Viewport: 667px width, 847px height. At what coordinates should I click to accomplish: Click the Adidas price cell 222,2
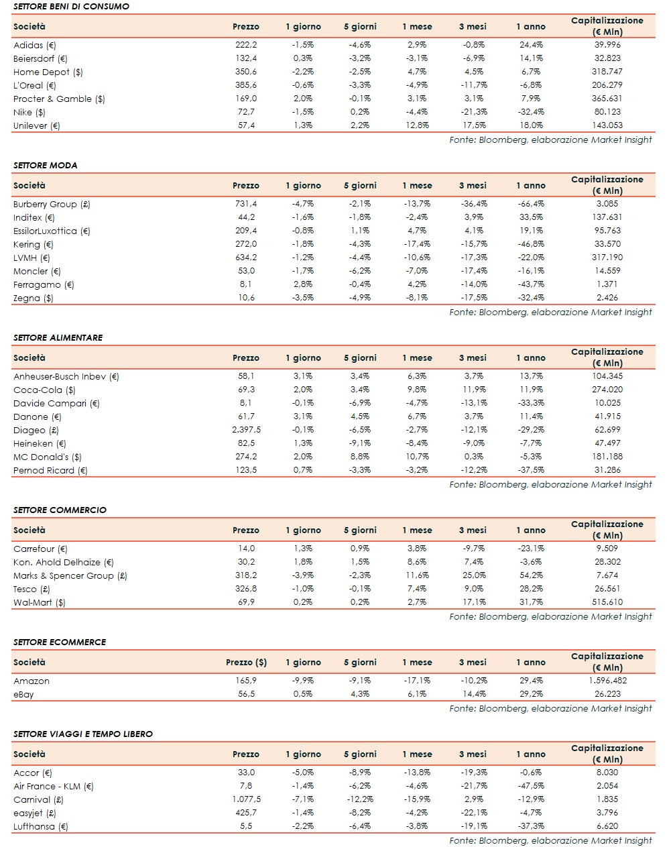245,45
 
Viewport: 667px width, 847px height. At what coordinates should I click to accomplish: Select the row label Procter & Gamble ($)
59,99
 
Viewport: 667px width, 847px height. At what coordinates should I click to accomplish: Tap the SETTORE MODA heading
46,165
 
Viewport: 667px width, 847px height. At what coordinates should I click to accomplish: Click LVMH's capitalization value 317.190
607,258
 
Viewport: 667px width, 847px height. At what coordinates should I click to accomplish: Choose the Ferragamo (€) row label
44,284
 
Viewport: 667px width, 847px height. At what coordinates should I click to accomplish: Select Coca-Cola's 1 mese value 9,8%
416,390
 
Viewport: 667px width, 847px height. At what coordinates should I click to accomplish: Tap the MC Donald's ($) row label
47,457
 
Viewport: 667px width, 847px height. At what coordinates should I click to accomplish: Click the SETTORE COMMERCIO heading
60,510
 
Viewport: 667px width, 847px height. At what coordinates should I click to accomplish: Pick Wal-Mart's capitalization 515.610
607,602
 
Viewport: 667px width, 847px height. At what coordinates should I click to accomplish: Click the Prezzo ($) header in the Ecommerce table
246,662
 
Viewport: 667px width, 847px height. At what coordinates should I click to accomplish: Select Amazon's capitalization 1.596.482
607,681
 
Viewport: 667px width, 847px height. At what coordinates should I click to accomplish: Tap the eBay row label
23,694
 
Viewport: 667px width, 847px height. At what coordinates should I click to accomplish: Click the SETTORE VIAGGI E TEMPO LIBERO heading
83,734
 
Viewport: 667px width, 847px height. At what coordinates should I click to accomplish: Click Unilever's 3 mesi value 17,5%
473,125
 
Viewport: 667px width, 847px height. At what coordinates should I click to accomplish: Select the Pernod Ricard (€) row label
50,470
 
